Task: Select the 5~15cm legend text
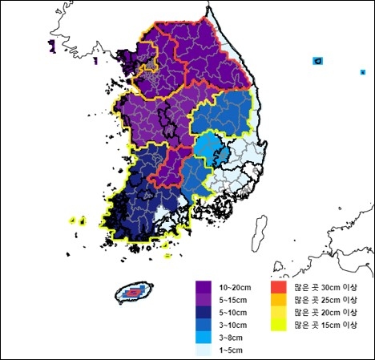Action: point(233,299)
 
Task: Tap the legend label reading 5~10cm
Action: point(233,312)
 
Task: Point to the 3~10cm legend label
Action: point(233,325)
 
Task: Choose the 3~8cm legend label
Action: point(232,338)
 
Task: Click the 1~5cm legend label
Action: point(232,350)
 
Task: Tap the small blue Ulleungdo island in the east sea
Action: point(318,61)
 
